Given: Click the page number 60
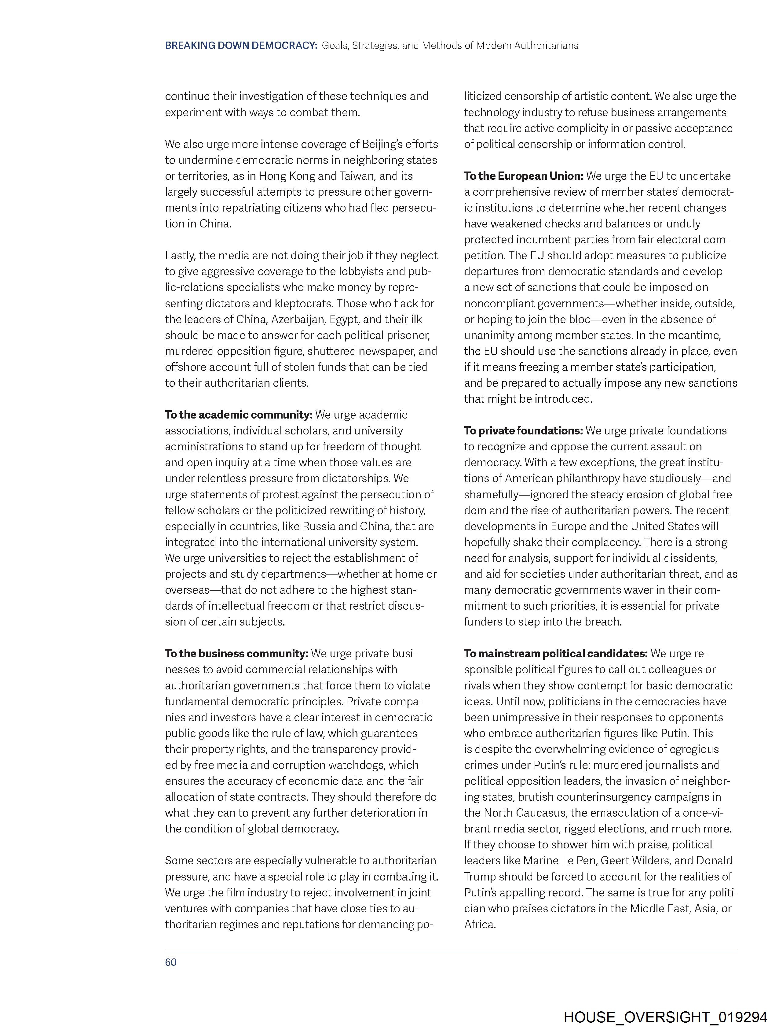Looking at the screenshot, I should [x=170, y=962].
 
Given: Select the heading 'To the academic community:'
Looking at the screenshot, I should [x=239, y=415].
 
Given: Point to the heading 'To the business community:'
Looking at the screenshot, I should [x=236, y=654].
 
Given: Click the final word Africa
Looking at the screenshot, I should [x=478, y=924].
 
